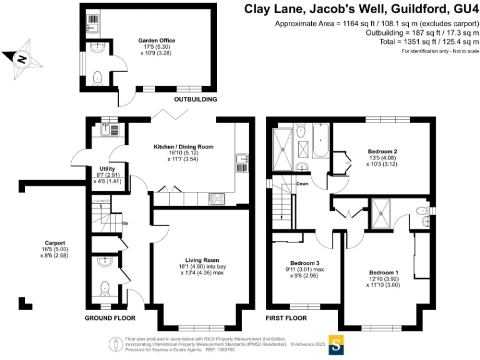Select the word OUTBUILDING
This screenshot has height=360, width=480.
195,99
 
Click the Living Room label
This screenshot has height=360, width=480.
202,260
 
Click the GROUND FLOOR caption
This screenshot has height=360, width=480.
111,318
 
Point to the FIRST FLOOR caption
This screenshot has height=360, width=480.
286,318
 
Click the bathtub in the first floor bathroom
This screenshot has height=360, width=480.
322,141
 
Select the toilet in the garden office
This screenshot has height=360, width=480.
97,77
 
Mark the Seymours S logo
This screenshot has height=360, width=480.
336,345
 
